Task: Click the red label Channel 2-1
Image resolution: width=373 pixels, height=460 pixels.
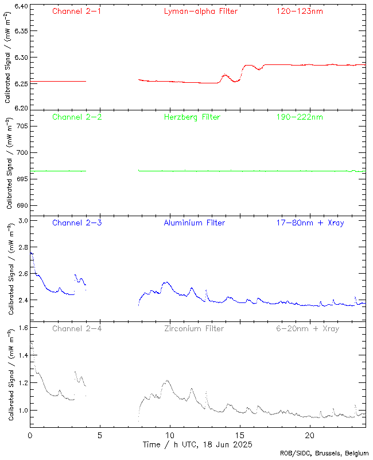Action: pos(77,11)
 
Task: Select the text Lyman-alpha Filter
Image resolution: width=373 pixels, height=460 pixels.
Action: pos(200,11)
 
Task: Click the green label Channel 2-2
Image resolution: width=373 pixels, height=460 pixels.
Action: pos(77,117)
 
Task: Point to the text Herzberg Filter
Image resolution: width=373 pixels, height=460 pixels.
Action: pos(192,117)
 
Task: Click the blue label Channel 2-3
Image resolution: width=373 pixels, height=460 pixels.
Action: pos(77,223)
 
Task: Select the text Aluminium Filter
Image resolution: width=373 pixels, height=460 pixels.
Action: pos(195,223)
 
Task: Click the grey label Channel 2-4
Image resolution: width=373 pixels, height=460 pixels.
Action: pos(77,329)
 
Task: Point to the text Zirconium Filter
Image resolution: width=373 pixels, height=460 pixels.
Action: pos(194,329)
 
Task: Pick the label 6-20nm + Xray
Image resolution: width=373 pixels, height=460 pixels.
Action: pos(308,329)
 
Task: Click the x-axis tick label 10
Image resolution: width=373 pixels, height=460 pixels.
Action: pos(170,436)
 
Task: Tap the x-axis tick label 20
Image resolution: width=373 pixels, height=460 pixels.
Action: pos(310,436)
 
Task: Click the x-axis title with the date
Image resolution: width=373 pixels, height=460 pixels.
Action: pos(197,445)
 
